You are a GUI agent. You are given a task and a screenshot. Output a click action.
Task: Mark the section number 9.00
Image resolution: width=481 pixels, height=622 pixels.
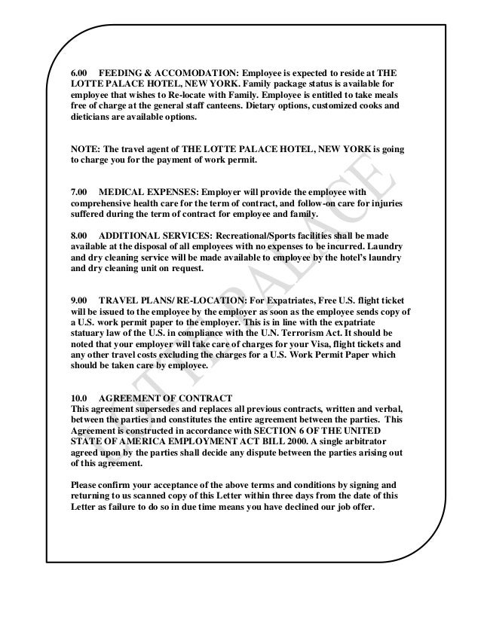tap(79, 298)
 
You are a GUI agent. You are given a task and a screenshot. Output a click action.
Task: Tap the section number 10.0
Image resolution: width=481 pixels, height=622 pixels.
tap(79, 397)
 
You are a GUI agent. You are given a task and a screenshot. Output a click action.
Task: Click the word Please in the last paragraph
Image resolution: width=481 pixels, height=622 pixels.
tap(84, 483)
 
